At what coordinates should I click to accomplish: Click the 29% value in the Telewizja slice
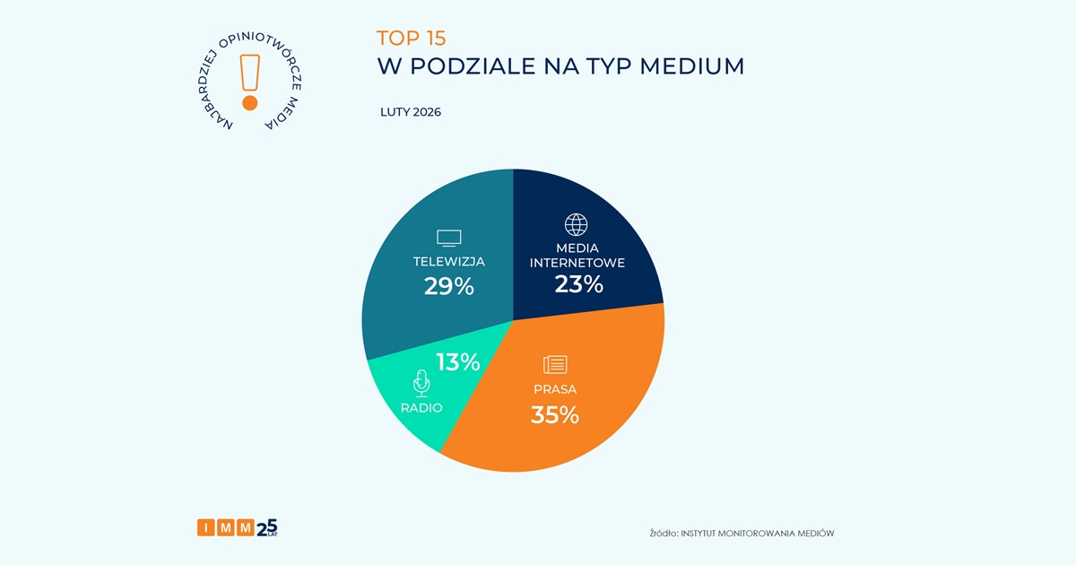[448, 286]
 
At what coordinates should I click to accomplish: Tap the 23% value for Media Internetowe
[577, 284]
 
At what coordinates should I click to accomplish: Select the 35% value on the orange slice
[554, 415]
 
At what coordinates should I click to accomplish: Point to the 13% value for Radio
[457, 362]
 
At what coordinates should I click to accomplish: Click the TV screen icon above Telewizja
[448, 238]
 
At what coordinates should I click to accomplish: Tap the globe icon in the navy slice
[575, 224]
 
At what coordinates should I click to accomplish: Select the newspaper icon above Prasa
[555, 364]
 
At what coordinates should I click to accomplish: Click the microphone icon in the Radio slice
[421, 384]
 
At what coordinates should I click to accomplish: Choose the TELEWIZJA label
[448, 262]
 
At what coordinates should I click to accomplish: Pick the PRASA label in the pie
[554, 389]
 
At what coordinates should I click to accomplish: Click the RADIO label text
[421, 408]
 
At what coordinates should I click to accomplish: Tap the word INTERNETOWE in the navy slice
[577, 263]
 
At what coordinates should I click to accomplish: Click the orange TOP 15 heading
[411, 38]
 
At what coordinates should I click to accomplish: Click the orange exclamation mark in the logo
[249, 82]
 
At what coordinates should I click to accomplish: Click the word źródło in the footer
[663, 533]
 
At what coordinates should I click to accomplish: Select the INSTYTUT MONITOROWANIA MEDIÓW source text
[758, 533]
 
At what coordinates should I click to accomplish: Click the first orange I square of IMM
[205, 528]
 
